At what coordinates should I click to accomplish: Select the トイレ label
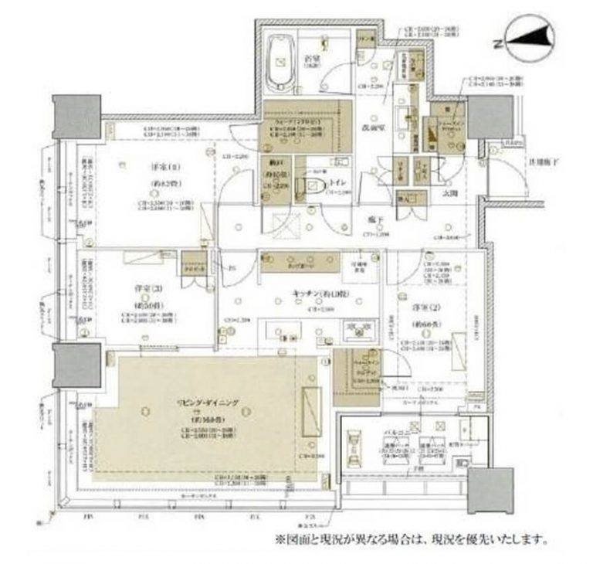[x=337, y=182]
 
